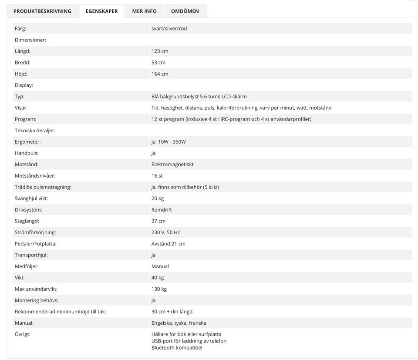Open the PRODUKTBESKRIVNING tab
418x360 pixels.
[x=42, y=11]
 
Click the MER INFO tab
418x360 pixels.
[x=144, y=11]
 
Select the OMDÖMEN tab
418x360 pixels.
[x=185, y=11]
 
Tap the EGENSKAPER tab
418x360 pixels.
[x=101, y=11]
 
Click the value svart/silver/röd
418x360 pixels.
[x=169, y=29]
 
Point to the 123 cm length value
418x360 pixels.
[x=160, y=51]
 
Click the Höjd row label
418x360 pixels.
[x=21, y=74]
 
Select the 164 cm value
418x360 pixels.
[x=160, y=74]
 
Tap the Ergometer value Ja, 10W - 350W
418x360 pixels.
[x=169, y=142]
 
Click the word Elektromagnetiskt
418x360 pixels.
[x=172, y=165]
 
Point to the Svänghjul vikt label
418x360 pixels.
[x=31, y=199]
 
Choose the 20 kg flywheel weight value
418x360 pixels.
[x=158, y=199]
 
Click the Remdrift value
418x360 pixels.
[x=162, y=210]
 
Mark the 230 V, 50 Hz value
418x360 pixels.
[x=165, y=232]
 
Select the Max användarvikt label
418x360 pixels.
[x=36, y=289]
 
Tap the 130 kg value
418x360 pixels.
[x=159, y=289]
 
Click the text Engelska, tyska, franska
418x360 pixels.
[x=179, y=323]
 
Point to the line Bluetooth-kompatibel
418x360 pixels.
[x=177, y=348]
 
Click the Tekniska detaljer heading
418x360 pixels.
[x=35, y=131]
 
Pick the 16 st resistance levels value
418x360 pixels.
[x=157, y=176]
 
